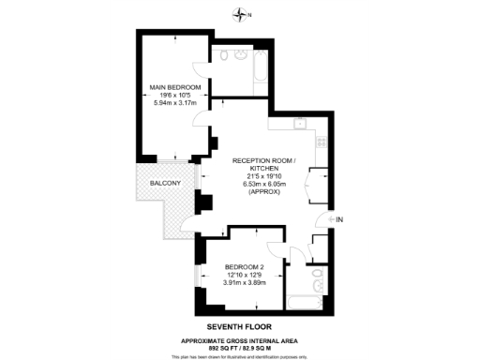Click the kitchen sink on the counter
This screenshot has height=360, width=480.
(x=299, y=123)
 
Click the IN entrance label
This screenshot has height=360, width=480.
(x=339, y=220)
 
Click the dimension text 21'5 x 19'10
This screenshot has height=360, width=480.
(x=263, y=176)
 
